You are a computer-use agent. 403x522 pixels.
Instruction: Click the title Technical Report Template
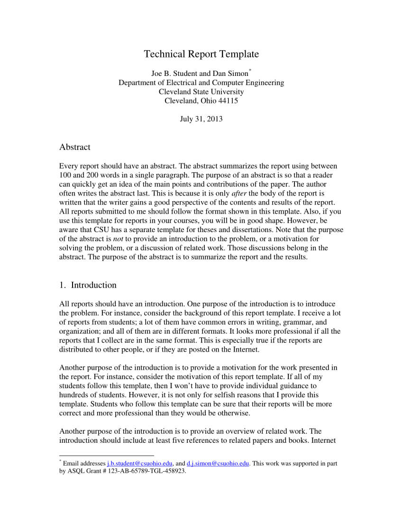point(201,54)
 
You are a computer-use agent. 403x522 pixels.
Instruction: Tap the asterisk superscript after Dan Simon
point(250,71)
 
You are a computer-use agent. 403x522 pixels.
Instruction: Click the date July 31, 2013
point(201,119)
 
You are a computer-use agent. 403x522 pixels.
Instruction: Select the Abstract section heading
point(74,147)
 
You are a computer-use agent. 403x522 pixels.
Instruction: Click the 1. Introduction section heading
point(88,285)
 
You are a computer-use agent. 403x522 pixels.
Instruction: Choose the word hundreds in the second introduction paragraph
point(74,395)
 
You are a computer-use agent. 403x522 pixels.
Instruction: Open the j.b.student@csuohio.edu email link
point(139,464)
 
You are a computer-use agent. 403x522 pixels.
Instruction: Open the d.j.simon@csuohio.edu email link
point(218,464)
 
